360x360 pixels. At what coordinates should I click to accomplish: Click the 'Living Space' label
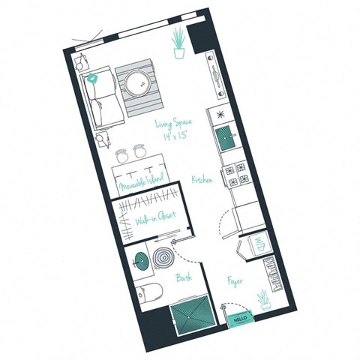(x=175, y=122)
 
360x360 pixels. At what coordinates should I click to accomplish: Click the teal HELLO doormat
(x=240, y=318)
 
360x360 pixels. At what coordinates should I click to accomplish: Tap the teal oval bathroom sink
(x=139, y=263)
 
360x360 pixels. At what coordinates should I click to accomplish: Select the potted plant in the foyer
(x=263, y=301)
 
